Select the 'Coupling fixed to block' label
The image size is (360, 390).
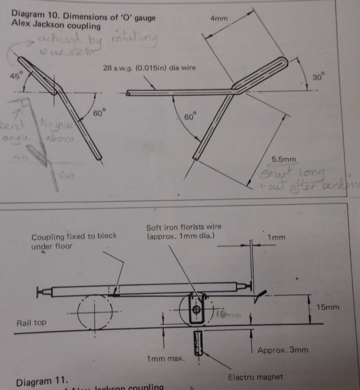[x=74, y=236]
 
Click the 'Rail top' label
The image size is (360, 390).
[x=31, y=323]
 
